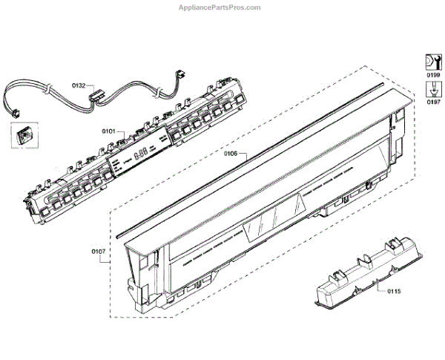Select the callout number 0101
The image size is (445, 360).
tap(108, 131)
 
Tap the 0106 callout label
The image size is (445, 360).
tap(230, 154)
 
